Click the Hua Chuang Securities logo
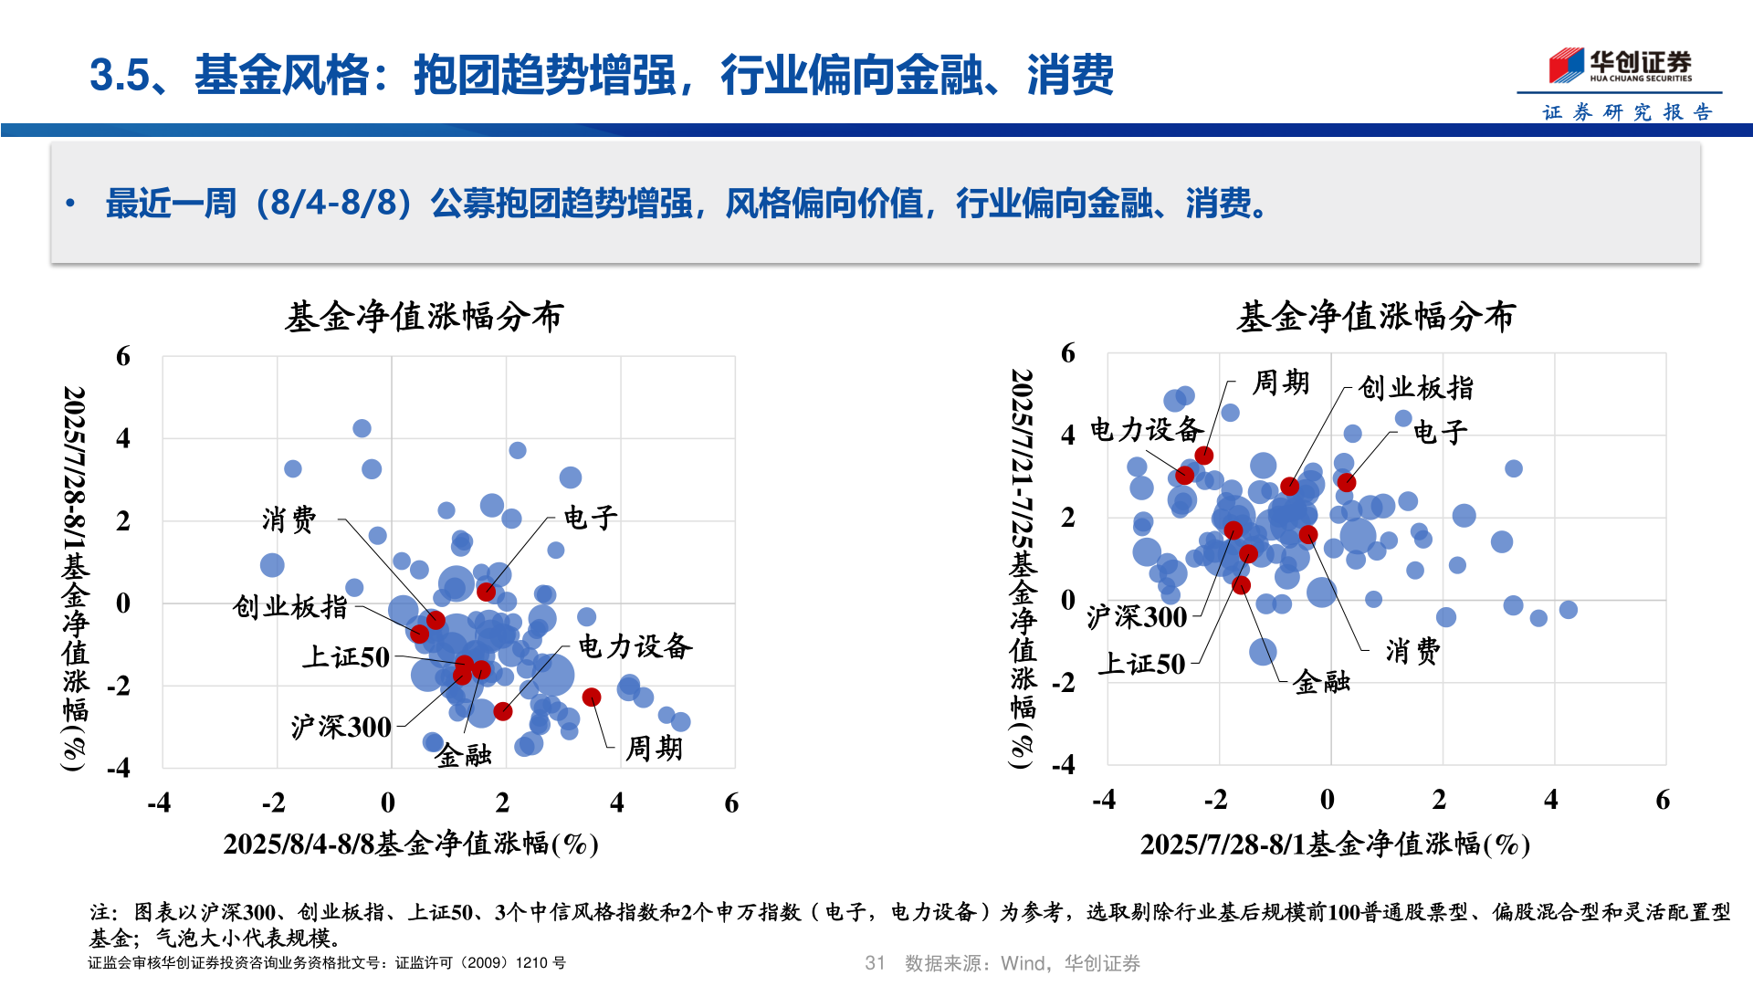pyautogui.click(x=1620, y=65)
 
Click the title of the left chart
pyautogui.click(x=425, y=317)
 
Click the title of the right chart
pyautogui.click(x=1376, y=317)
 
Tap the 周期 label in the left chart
pyautogui.click(x=654, y=749)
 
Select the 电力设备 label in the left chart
pyautogui.click(x=635, y=646)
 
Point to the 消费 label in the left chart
pyautogui.click(x=289, y=519)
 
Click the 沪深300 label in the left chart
pyautogui.click(x=341, y=727)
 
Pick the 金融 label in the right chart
pyautogui.click(x=1321, y=681)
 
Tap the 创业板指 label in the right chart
pyautogui.click(x=1415, y=387)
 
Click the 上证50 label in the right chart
pyautogui.click(x=1141, y=664)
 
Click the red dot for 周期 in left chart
pyautogui.click(x=592, y=698)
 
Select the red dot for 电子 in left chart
pyautogui.click(x=487, y=592)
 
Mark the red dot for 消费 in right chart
pyautogui.click(x=1308, y=534)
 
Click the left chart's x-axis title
pyautogui.click(x=411, y=843)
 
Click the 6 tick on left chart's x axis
pyautogui.click(x=731, y=802)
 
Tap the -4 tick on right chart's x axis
pyautogui.click(x=1104, y=800)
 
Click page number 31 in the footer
pyautogui.click(x=875, y=963)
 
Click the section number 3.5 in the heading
pyautogui.click(x=119, y=75)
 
